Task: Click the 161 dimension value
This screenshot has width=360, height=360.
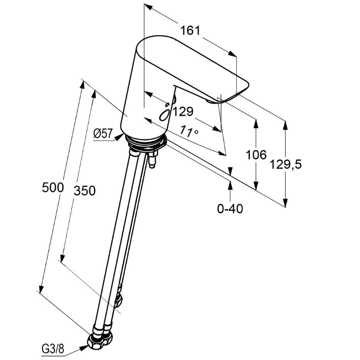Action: point(190,30)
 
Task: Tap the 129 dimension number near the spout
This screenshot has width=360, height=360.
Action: point(183,112)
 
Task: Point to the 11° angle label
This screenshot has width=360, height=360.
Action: point(189,131)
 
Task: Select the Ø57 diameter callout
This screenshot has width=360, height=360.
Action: point(103,133)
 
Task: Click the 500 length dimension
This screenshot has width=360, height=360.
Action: point(52,187)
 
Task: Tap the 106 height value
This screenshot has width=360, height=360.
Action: point(256,155)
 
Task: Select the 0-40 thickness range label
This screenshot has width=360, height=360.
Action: point(230,209)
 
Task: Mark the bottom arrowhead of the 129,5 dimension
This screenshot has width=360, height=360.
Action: point(286,202)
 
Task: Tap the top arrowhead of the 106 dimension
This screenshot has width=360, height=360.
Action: point(256,122)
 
